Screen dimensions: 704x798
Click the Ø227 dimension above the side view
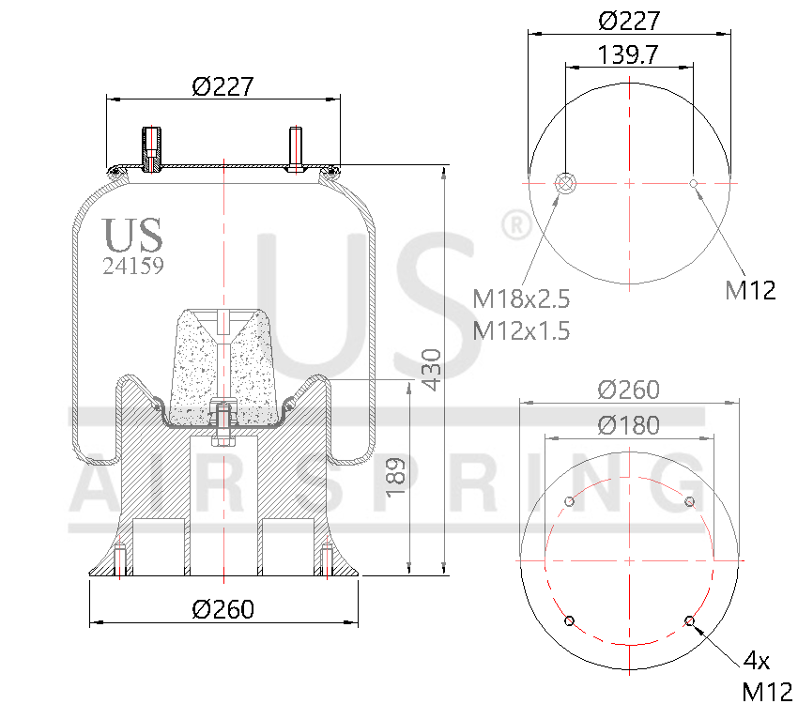click(x=223, y=86)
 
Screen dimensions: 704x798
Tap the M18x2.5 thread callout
click(x=521, y=299)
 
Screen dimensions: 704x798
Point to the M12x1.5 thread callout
click(x=521, y=330)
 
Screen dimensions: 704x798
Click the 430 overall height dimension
click(x=430, y=370)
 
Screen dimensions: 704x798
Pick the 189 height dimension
click(x=396, y=477)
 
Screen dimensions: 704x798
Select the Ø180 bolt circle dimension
click(x=628, y=425)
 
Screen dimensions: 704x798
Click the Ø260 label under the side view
click(x=223, y=609)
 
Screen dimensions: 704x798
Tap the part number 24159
click(x=133, y=266)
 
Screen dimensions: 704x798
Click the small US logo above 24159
click(x=132, y=235)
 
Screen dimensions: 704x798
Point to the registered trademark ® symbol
click(x=515, y=225)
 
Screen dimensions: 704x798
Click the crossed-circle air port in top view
click(x=566, y=183)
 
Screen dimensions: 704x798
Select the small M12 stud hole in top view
click(x=694, y=183)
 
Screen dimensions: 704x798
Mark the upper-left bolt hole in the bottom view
click(x=568, y=501)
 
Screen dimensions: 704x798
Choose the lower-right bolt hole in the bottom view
click(x=690, y=620)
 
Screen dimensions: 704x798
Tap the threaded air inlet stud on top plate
click(x=151, y=148)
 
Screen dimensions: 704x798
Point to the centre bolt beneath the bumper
click(x=223, y=423)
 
